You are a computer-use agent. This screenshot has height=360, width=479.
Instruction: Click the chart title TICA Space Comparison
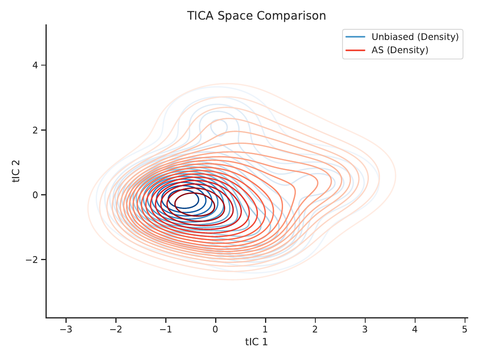[x=256, y=16]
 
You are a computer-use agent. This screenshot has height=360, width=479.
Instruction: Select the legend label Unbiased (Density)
[x=415, y=37]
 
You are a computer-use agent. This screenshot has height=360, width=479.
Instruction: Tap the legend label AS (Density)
[x=400, y=50]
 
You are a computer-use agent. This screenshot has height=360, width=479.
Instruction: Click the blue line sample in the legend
[x=355, y=37]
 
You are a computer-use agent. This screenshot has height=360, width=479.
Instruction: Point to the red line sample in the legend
[x=355, y=50]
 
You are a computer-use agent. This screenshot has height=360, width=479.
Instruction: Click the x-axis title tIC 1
[x=256, y=342]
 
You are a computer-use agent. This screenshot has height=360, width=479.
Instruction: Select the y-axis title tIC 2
[x=16, y=171]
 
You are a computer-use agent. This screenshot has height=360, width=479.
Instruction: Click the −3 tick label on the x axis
[x=66, y=329]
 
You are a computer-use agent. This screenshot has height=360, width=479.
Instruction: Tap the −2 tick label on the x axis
[x=116, y=329]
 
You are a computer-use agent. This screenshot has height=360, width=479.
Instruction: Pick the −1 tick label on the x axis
[x=166, y=329]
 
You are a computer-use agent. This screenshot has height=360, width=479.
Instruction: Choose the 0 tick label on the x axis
[x=216, y=329]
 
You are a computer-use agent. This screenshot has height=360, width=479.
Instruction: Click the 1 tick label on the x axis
[x=265, y=329]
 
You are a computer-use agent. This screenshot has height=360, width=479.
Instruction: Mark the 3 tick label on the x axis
[x=365, y=329]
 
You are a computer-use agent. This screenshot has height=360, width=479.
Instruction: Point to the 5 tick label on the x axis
[x=465, y=329]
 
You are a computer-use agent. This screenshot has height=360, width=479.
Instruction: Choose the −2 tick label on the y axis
[x=32, y=260]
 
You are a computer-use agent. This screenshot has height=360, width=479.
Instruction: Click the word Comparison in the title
[x=291, y=16]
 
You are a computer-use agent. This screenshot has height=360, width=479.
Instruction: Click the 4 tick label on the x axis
[x=415, y=329]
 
